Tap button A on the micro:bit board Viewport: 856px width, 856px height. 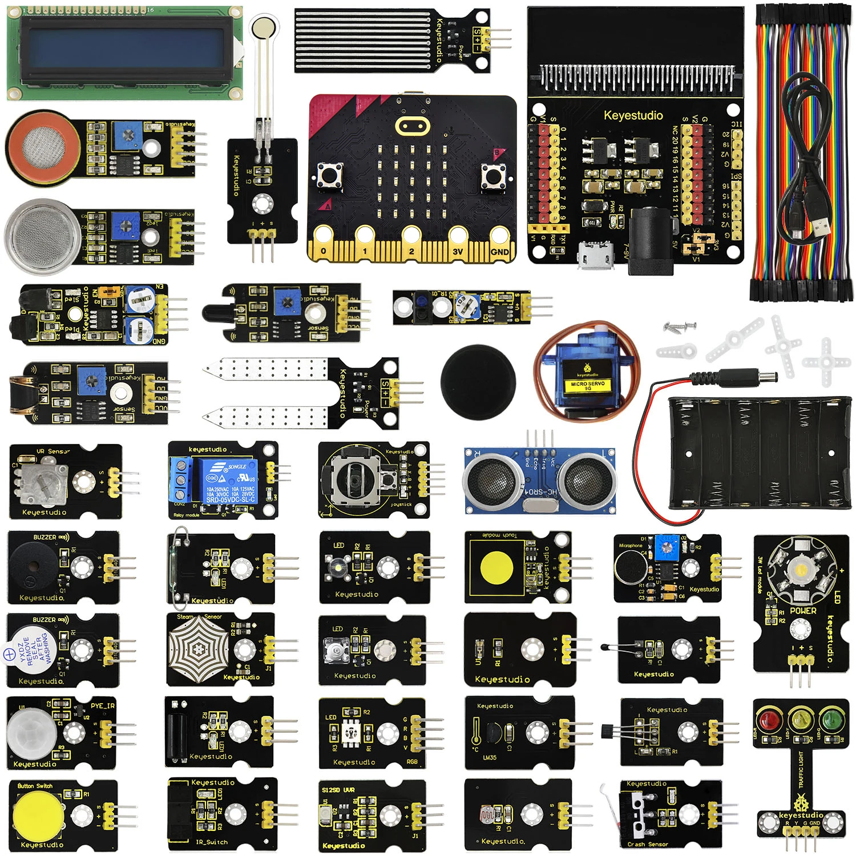coord(330,175)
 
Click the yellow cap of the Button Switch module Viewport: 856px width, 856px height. coord(37,813)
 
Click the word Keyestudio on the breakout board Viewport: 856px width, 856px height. coord(633,115)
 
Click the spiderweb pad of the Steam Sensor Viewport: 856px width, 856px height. coord(198,648)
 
